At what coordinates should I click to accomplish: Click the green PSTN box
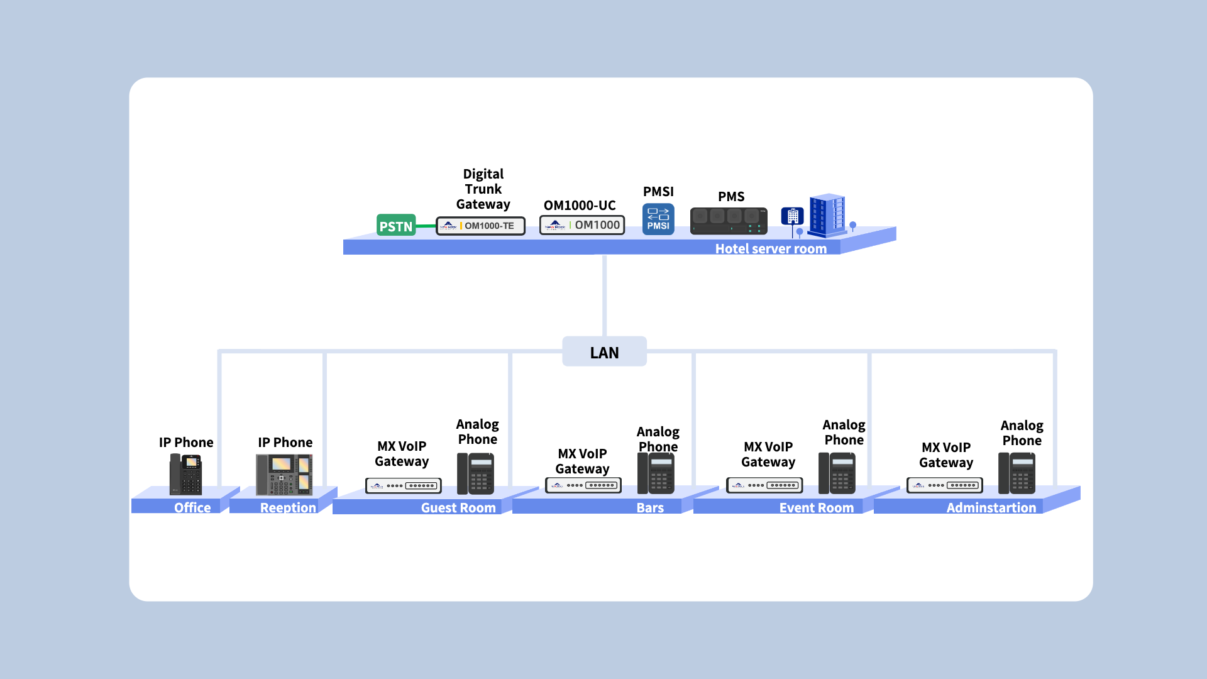tap(396, 225)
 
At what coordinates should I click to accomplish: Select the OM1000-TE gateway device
tap(480, 226)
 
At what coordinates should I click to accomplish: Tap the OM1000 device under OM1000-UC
tap(582, 225)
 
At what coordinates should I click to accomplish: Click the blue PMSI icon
tap(658, 219)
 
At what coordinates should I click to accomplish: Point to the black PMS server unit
tap(729, 221)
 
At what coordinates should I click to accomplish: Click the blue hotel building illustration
tap(827, 215)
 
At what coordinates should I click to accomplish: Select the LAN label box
tap(604, 352)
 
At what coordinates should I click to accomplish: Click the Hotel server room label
tap(771, 248)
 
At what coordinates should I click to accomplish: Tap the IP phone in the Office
tap(186, 474)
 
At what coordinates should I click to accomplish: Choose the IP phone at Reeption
tap(284, 475)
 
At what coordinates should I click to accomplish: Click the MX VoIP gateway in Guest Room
tap(404, 485)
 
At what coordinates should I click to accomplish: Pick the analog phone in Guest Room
tap(476, 473)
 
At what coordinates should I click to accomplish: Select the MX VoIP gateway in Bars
tap(583, 485)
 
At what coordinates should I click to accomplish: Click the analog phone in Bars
tap(656, 473)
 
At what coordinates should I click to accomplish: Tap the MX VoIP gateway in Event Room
tap(764, 485)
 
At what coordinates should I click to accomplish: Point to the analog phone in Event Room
tap(837, 473)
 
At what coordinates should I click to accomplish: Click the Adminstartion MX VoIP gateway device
tap(945, 485)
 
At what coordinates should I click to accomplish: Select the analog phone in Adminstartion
tap(1017, 473)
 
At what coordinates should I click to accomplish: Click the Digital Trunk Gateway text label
tap(483, 189)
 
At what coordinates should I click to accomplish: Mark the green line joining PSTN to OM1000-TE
tap(426, 226)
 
